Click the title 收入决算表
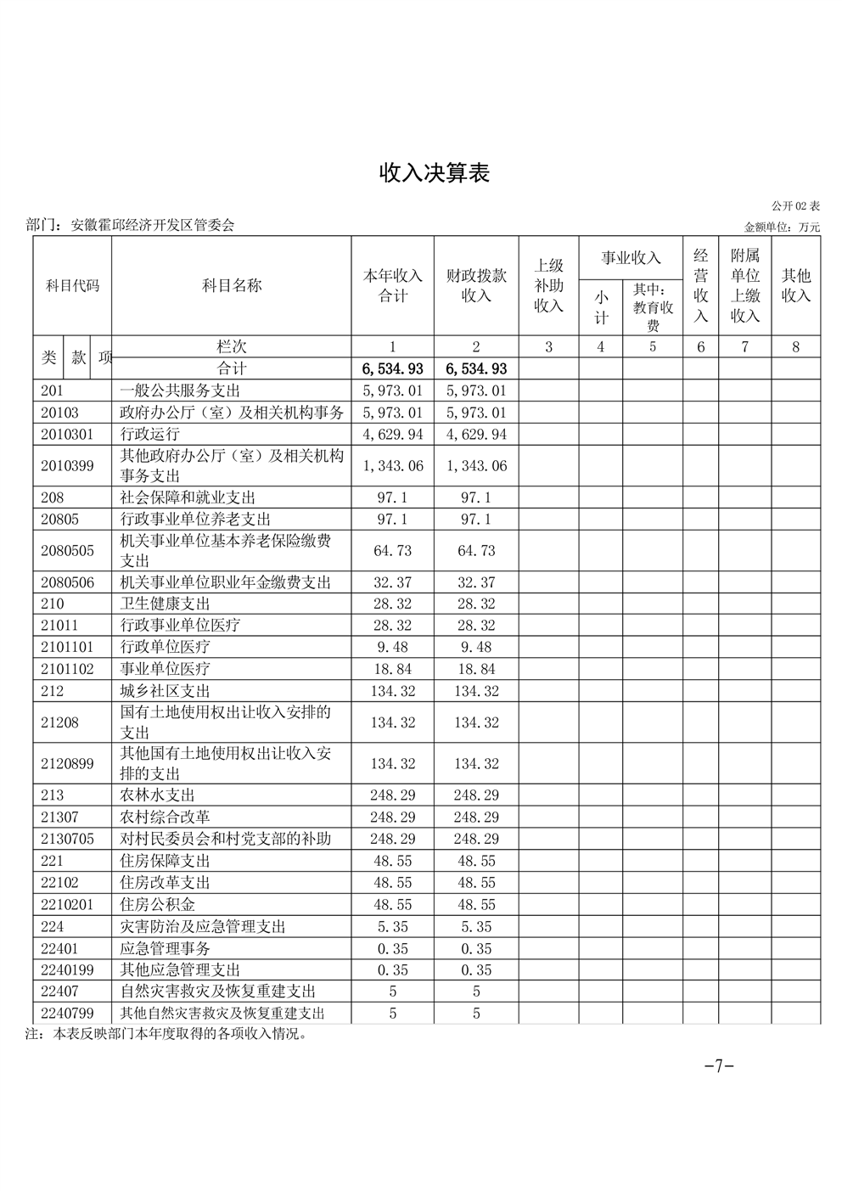pos(434,174)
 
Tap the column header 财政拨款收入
pos(476,285)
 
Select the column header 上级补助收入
pos(548,285)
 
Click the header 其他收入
pos(795,285)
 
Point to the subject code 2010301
pos(65,435)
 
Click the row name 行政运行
pos(150,435)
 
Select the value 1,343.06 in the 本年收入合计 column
pos(392,466)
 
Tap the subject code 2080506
pos(68,582)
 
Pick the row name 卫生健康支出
pos(165,604)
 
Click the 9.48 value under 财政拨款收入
pos(476,647)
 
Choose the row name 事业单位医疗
pos(165,669)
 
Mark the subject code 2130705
pos(67,839)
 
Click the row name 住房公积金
pos(157,905)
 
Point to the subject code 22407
pos(59,992)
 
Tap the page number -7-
pos(719,1066)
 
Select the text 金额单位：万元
pos(782,228)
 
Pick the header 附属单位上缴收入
pos(744,285)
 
